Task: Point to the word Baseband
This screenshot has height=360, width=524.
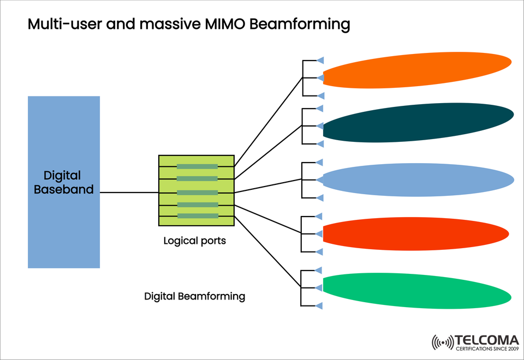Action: click(x=64, y=190)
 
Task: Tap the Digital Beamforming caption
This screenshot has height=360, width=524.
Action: click(x=194, y=297)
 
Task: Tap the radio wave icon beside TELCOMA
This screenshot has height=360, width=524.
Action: click(x=443, y=343)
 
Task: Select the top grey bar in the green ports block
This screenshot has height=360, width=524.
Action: click(x=197, y=166)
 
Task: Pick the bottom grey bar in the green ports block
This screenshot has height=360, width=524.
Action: click(x=197, y=216)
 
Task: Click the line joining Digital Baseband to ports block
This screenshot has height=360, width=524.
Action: click(x=129, y=193)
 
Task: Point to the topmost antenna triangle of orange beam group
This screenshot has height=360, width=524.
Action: click(x=321, y=60)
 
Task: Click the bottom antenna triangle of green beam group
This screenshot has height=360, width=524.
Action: click(x=321, y=305)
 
